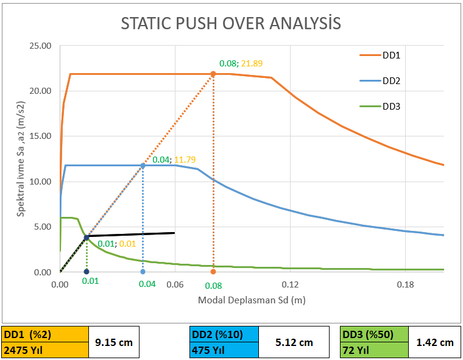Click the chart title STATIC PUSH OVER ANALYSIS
coord(231,24)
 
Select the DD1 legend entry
coord(391,55)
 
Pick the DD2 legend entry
coord(391,81)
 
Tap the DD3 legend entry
coord(391,107)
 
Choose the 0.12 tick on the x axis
coord(290,284)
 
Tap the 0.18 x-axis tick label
coord(405,284)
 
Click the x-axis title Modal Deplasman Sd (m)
coord(252,301)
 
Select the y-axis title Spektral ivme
coord(21,158)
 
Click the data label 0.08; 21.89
coord(241,63)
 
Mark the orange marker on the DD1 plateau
coord(213,74)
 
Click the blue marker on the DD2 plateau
coord(143,165)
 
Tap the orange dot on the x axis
coord(213,272)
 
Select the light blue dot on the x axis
coord(143,272)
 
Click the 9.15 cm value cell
coord(115,342)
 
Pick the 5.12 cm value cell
coord(294,342)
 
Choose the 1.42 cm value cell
coord(435,342)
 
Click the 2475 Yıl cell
coord(45,350)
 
